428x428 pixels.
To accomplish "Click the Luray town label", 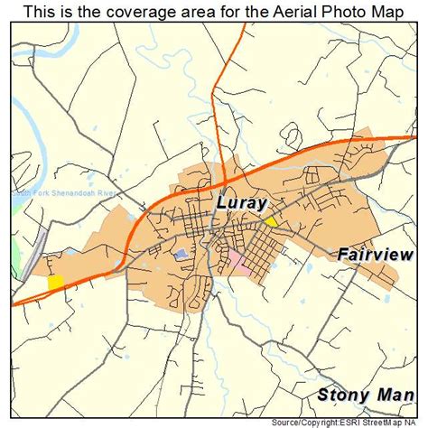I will (x=240, y=203).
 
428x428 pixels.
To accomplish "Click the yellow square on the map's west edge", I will (x=56, y=282).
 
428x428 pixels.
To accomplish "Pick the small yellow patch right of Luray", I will (x=270, y=220).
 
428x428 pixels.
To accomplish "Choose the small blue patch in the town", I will (x=181, y=255).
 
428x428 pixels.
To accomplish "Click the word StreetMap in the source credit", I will (x=384, y=422).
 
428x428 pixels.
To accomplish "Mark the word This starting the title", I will (x=41, y=12).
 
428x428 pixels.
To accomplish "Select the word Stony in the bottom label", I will (x=342, y=394).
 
